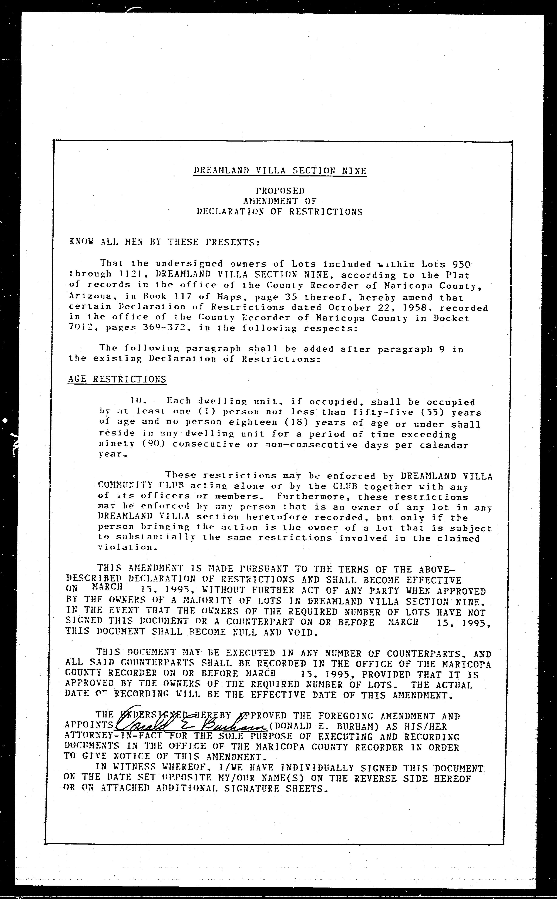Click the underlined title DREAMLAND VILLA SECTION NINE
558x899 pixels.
pos(280,171)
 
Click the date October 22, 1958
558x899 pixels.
pos(376,307)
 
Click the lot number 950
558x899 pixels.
pos(461,264)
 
